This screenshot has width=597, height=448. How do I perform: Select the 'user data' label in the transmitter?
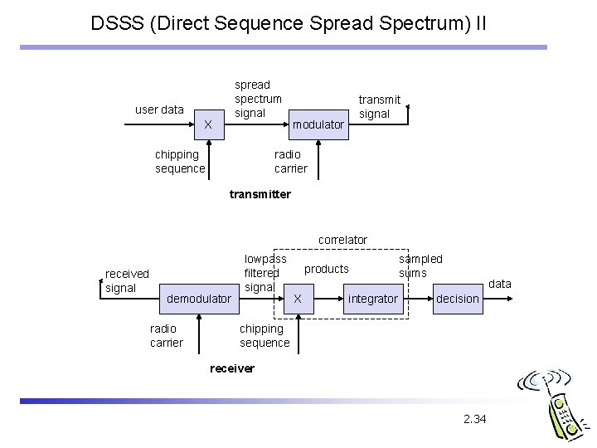pos(159,110)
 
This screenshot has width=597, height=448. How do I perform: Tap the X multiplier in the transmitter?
pos(208,124)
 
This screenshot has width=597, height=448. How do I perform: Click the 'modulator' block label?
pos(318,124)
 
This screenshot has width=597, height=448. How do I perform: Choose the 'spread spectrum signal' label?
pos(258,99)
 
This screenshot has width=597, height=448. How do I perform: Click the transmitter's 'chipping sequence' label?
pos(179,162)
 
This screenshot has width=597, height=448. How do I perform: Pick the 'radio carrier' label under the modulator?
pos(290,162)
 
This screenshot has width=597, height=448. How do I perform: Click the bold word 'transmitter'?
pos(260,194)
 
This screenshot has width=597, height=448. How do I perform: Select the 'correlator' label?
pos(342,240)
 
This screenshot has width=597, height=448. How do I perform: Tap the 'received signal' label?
pos(127,280)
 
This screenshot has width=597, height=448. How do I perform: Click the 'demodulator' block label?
pos(199,298)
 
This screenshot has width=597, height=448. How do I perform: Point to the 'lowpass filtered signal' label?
pos(265,273)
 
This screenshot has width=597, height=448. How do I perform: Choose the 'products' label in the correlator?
pos(327,269)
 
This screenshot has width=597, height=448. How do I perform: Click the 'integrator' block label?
pos(373,298)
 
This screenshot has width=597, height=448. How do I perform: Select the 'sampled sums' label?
pos(420,265)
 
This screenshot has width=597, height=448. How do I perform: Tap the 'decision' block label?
pos(458,298)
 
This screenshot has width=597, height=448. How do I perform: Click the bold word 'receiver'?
pos(233,368)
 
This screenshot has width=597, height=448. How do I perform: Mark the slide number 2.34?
pos(475,419)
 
